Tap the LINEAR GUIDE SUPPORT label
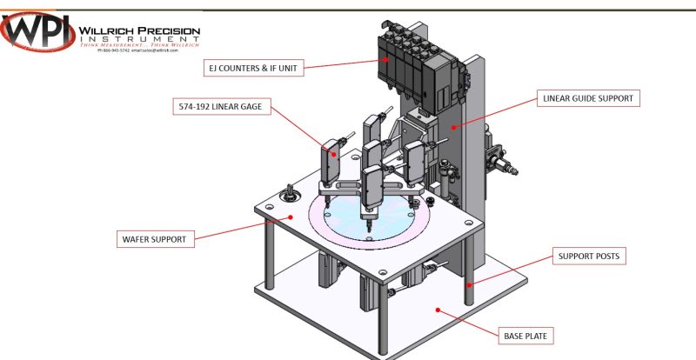coord(588,98)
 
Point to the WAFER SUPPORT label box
coord(153,237)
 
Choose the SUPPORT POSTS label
coord(588,257)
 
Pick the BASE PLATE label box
coord(527,335)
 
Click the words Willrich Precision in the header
coord(139,31)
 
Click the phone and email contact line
coord(137,50)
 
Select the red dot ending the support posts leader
coord(469,283)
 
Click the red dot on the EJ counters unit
coord(385,59)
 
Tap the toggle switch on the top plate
coord(291,190)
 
